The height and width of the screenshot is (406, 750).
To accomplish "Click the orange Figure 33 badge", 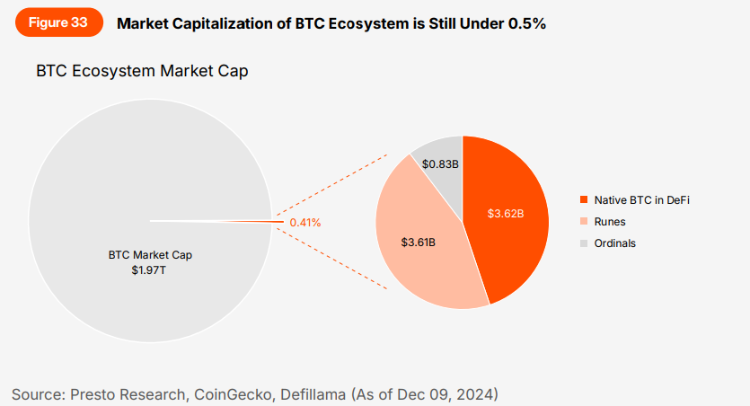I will [58, 23].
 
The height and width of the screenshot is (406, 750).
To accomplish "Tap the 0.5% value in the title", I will [526, 24].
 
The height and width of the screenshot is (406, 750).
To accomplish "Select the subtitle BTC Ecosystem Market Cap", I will [142, 71].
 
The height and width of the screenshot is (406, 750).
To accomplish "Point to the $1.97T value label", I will [150, 269].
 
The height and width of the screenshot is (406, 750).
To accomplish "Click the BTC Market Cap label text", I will [150, 255].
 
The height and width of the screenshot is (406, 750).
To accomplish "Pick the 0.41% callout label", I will [304, 222].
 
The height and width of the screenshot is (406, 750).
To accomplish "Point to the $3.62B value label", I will [505, 214].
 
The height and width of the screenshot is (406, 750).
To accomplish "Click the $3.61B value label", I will [418, 243].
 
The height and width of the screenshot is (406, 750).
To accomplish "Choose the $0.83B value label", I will [440, 164].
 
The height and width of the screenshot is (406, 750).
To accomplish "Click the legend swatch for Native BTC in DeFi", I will [584, 199].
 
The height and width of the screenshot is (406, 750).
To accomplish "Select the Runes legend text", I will [609, 221].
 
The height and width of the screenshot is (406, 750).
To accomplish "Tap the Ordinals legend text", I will [614, 243].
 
